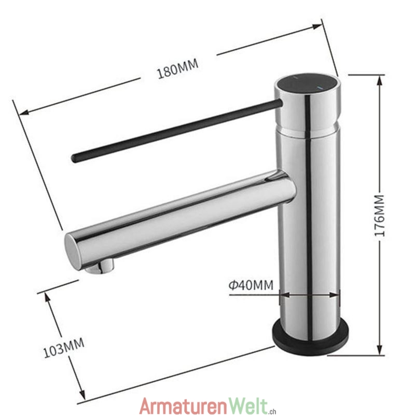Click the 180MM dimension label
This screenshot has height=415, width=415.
(177, 69)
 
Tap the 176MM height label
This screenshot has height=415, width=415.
(379, 215)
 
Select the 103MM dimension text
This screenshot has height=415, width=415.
(64, 348)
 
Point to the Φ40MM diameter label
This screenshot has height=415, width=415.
(251, 285)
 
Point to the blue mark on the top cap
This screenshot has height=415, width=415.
(320, 88)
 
